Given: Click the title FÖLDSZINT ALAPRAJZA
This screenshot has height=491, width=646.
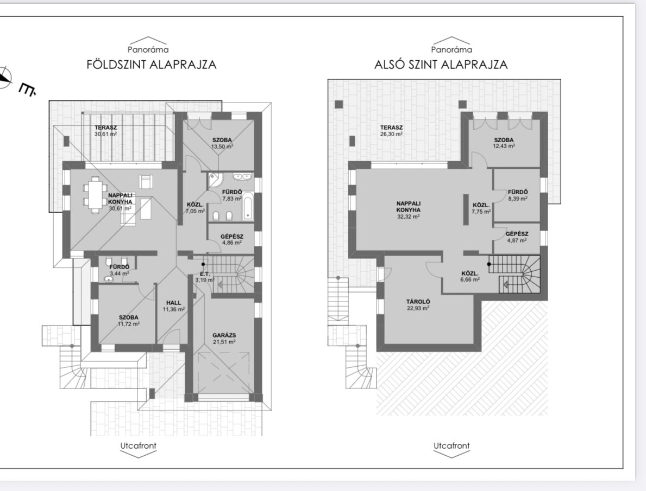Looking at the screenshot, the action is (x=151, y=65).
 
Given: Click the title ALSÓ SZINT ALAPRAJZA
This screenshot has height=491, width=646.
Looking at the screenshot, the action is (x=441, y=65).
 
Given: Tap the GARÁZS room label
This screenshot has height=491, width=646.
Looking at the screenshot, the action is (x=224, y=335).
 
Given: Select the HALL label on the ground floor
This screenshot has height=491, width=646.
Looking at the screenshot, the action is (x=173, y=303).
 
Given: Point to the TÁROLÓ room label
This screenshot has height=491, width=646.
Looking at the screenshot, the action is (x=418, y=302).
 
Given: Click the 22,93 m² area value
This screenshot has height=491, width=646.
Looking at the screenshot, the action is (x=418, y=308).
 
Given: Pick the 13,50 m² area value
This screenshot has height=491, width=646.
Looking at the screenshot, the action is (x=222, y=146).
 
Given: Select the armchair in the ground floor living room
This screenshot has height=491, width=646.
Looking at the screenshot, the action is (x=146, y=181).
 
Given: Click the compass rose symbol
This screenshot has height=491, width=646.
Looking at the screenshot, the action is (x=5, y=77).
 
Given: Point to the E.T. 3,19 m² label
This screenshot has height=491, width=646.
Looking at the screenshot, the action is (x=205, y=277).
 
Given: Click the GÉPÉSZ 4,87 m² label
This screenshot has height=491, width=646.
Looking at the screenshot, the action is (x=517, y=237).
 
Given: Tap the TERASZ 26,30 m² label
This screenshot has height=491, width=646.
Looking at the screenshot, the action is (x=391, y=131).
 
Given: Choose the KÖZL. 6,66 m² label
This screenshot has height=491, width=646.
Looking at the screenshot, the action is (x=469, y=276).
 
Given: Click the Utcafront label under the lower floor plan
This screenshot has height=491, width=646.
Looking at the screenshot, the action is (x=451, y=446).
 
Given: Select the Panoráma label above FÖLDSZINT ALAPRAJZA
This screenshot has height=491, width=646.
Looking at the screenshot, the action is (x=148, y=50).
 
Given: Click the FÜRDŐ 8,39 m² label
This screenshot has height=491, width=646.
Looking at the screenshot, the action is (x=518, y=195).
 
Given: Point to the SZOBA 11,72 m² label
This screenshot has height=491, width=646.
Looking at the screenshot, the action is (x=129, y=321).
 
